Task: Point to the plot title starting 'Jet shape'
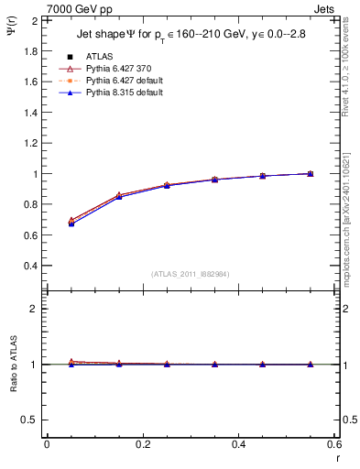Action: point(191,37)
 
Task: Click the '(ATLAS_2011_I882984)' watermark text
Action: point(191,274)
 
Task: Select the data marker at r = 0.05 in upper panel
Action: point(71,222)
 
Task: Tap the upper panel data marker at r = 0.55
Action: point(310,173)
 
